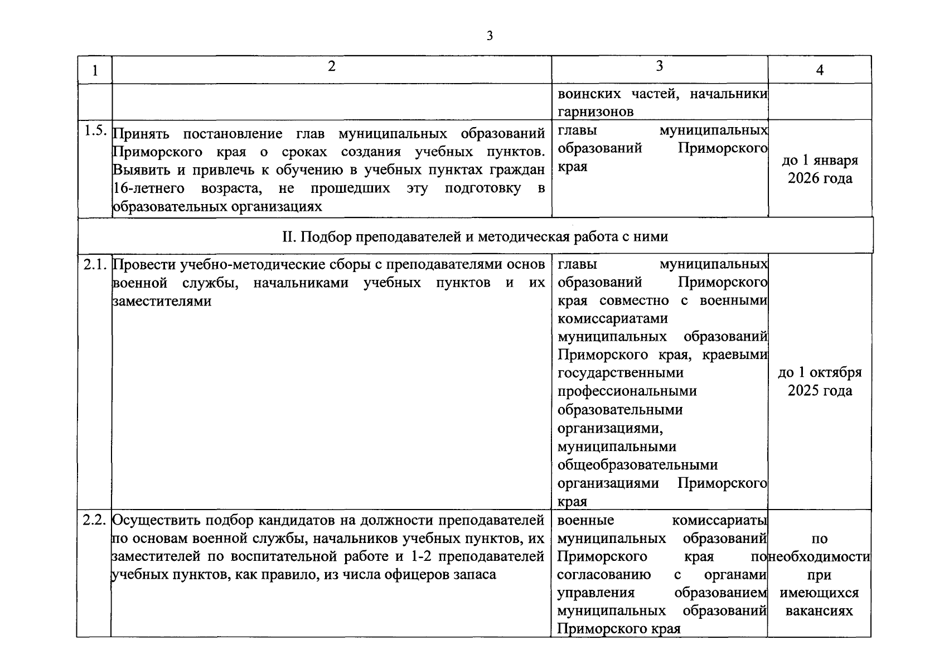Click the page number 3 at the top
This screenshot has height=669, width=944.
pyautogui.click(x=490, y=37)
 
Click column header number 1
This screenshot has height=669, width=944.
pyautogui.click(x=94, y=71)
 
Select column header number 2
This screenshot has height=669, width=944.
pyautogui.click(x=332, y=67)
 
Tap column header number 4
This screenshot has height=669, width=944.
pyautogui.click(x=819, y=71)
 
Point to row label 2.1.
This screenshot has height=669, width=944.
pyautogui.click(x=94, y=265)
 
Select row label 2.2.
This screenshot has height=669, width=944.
pyautogui.click(x=94, y=520)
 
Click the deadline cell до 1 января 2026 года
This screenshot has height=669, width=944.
pyautogui.click(x=819, y=169)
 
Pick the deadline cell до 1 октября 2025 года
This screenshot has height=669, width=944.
pyautogui.click(x=819, y=381)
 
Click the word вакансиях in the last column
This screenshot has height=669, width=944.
pyautogui.click(x=819, y=611)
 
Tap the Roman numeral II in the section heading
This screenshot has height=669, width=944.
pyautogui.click(x=291, y=237)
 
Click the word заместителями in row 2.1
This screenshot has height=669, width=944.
pyautogui.click(x=162, y=302)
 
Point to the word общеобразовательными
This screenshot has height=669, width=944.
pyautogui.click(x=637, y=465)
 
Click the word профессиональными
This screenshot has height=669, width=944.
pyautogui.click(x=627, y=391)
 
